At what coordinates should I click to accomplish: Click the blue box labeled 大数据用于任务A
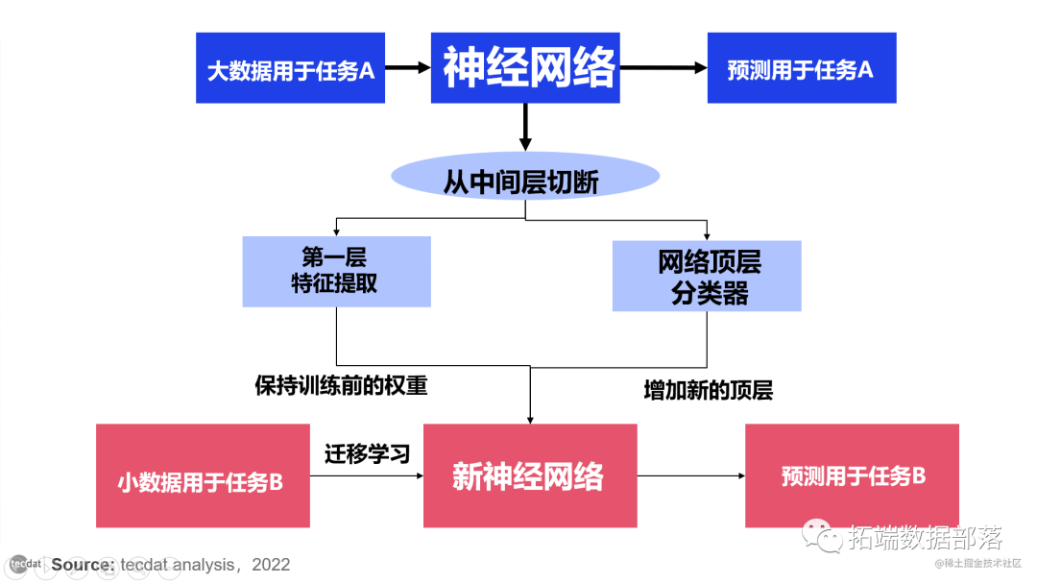[290, 68]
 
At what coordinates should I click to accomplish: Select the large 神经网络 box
[525, 68]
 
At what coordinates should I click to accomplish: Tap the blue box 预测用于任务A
[801, 68]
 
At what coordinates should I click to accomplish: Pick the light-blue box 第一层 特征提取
[336, 271]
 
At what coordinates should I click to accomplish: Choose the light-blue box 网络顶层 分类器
[707, 275]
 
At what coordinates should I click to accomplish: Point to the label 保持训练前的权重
[341, 386]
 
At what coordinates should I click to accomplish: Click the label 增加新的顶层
[708, 391]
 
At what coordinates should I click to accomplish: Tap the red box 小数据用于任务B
[202, 476]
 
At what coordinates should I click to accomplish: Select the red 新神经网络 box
[530, 475]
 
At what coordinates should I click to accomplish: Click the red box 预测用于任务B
[853, 475]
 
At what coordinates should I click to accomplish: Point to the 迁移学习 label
[367, 451]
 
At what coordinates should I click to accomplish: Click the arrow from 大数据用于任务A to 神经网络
[407, 68]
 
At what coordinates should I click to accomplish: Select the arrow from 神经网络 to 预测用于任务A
[663, 68]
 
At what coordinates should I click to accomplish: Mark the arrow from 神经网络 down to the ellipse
[525, 126]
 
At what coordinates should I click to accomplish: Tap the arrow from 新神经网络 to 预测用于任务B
[690, 475]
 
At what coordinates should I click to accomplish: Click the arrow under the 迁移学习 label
[367, 475]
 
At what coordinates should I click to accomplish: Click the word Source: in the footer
[84, 565]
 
